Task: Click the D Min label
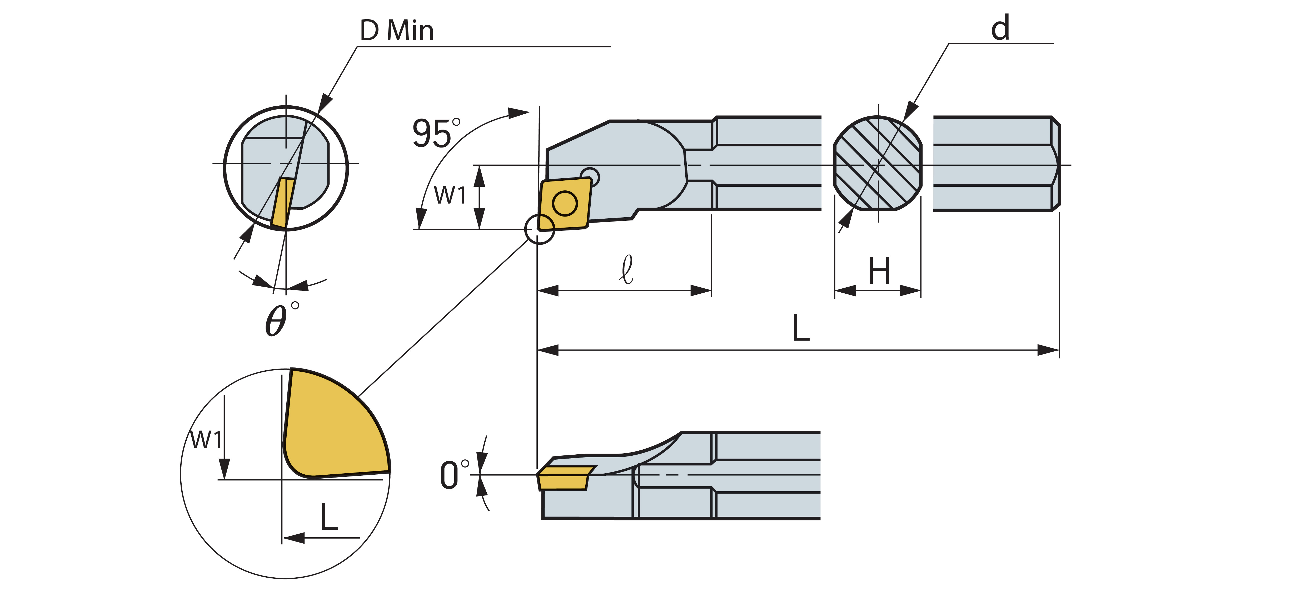(397, 31)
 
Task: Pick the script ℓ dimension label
(626, 269)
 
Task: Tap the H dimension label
(879, 271)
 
